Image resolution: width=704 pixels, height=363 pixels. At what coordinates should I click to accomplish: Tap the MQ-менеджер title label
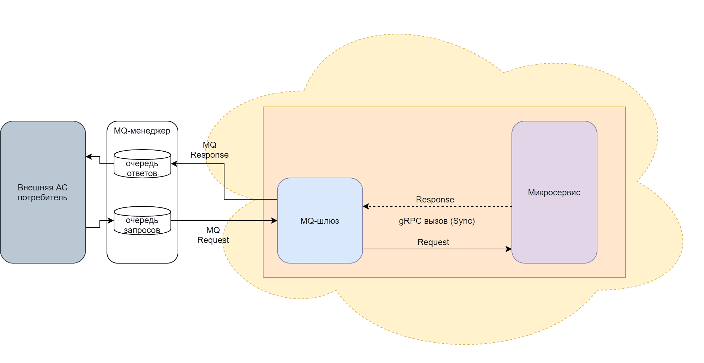coord(142,131)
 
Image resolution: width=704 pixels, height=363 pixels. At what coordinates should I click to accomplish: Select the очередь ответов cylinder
coord(142,164)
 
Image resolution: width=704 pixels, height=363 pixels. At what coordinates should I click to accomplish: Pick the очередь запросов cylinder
coord(142,221)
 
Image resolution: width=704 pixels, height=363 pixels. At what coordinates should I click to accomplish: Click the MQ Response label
coord(210,150)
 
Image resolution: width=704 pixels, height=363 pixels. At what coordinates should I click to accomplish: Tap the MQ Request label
coord(213,235)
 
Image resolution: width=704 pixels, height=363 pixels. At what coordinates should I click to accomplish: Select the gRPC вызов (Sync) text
coord(437,221)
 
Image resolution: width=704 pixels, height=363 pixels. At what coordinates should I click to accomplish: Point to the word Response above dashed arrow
coord(435,200)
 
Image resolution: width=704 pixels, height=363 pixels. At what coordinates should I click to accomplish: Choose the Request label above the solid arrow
coord(433,242)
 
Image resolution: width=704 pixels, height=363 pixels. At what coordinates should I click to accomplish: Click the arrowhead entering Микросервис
coord(509,249)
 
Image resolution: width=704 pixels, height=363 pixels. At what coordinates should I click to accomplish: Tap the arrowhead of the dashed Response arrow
coord(365,206)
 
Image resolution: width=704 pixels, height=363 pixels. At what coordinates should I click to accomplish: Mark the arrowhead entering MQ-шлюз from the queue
coord(274,221)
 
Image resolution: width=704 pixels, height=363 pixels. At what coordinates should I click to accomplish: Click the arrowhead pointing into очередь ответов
coord(174,164)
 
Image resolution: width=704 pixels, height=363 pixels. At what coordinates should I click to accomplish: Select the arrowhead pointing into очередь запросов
coord(111,221)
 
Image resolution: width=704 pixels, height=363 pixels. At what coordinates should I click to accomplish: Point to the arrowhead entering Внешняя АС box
coord(89,157)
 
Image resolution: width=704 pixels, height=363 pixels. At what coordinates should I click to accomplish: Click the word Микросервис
coord(554,193)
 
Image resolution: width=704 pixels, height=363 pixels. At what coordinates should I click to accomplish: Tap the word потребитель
coord(43,197)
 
